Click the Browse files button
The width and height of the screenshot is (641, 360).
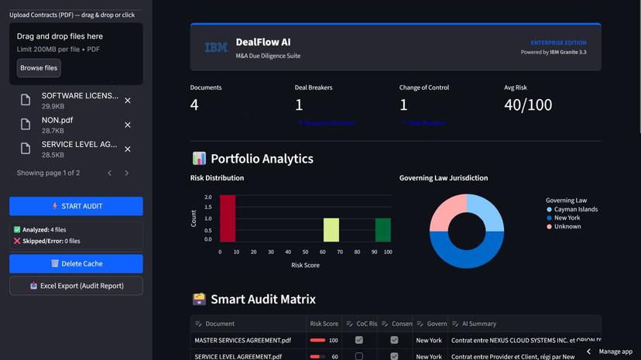39,68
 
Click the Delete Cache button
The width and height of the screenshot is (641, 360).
76,264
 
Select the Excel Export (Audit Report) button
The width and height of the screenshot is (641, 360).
76,286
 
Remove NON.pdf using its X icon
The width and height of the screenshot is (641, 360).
128,125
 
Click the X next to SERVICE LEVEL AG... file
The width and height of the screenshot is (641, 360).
128,149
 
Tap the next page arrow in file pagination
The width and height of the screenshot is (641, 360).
127,173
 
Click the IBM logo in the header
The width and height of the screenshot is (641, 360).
216,48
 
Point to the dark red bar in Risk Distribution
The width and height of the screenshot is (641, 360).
227,218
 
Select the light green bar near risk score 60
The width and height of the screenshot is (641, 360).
331,230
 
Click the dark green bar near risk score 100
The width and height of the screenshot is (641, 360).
383,230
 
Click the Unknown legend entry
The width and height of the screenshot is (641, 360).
567,227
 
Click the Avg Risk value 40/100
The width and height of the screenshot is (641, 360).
528,105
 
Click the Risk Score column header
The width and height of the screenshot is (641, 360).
324,324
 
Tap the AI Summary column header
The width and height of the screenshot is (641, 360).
482,324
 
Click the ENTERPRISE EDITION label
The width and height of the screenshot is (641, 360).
558,43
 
